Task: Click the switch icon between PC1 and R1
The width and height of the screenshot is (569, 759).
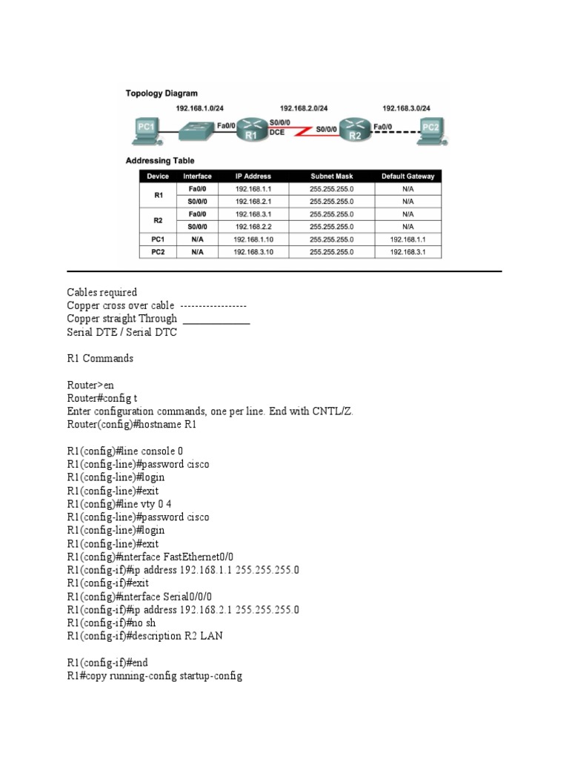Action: (196, 130)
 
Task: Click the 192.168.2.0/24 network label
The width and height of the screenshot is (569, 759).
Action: (304, 108)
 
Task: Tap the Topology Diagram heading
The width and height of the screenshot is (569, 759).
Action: (162, 93)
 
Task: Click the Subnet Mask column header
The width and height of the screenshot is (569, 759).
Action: (332, 176)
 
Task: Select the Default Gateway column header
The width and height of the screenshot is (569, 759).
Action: (407, 176)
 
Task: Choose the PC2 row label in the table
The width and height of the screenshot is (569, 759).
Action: (159, 252)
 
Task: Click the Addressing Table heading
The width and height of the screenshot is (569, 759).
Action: (160, 160)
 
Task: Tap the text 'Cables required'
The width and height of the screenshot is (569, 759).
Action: (102, 292)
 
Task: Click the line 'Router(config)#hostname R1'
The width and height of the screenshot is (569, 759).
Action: (132, 425)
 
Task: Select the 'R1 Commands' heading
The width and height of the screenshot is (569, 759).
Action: (100, 358)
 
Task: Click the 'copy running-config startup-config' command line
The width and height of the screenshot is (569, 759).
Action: (154, 676)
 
